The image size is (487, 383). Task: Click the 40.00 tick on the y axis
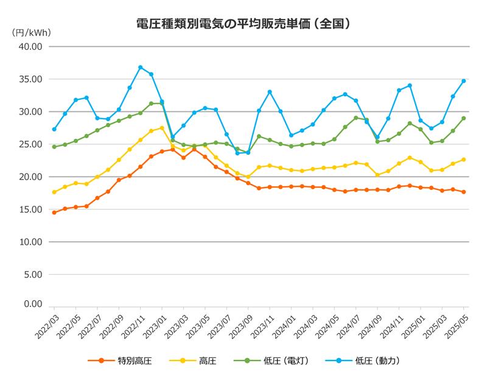[29, 47]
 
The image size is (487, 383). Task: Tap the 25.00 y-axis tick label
[29, 144]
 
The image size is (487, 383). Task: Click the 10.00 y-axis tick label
[29, 242]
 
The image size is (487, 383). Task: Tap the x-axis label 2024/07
[347, 329]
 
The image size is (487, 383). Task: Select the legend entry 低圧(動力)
[373, 361]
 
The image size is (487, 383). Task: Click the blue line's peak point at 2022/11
[141, 68]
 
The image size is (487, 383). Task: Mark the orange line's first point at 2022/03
[54, 213]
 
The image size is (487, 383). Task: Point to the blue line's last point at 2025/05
[463, 81]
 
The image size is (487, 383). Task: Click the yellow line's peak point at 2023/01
[162, 128]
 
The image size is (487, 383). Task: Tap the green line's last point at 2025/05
[463, 118]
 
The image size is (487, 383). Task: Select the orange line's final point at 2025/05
[463, 192]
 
